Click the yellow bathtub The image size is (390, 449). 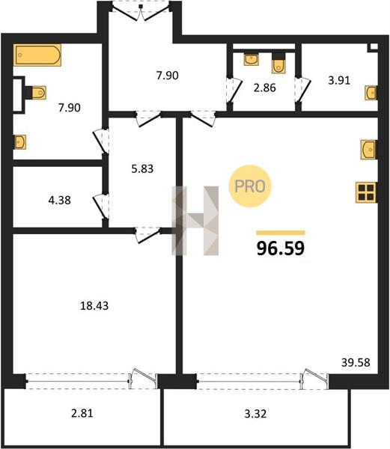tap(37, 55)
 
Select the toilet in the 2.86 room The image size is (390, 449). tap(278, 64)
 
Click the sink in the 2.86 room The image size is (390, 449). tap(251, 59)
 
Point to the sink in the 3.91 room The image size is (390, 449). tap(371, 93)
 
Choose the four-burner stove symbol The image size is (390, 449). tap(366, 192)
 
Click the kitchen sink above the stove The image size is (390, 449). tap(369, 150)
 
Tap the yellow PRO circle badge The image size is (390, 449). tap(250, 186)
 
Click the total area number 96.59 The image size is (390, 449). tap(281, 248)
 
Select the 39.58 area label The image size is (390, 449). tap(356, 362)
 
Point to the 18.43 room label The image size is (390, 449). tap(94, 306)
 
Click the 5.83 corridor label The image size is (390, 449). tap(142, 168)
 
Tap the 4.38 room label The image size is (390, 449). tap(60, 200)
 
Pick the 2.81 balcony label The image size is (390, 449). tap(82, 413)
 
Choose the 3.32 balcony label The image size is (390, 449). tap(255, 414)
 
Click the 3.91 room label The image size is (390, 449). tap(339, 81)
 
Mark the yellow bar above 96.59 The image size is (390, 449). tap(281, 233)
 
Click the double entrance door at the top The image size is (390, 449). tap(140, 12)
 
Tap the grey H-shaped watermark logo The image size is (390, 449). tap(195, 221)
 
